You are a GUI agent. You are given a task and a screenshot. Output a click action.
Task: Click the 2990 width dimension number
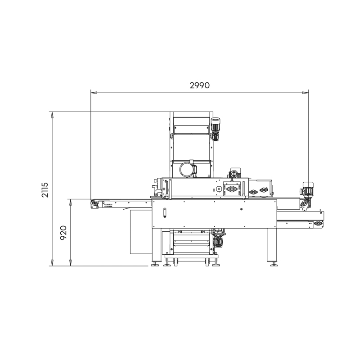[x=199, y=85]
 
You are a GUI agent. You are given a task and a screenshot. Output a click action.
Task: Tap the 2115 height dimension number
[x=45, y=190]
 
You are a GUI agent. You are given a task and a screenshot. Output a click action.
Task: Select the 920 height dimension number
[x=63, y=233]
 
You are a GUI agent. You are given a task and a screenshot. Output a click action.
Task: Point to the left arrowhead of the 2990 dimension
[x=94, y=93]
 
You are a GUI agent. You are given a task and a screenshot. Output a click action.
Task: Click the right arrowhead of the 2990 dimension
[x=306, y=93]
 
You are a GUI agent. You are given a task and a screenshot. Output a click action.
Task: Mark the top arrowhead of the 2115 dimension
[x=52, y=115]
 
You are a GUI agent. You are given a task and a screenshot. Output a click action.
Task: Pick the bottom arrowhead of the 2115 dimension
[x=52, y=263]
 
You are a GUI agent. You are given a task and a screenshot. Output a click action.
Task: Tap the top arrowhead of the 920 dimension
[x=71, y=202]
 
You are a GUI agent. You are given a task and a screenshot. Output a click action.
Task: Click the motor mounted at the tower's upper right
[x=216, y=129]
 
